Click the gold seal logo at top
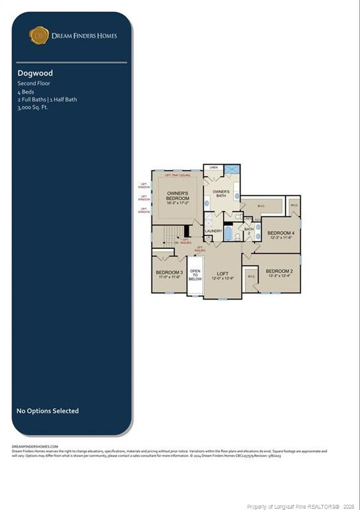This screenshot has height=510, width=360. coord(39,35)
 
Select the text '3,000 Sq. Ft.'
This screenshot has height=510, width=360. coord(33,107)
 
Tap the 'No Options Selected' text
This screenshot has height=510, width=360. coord(47,411)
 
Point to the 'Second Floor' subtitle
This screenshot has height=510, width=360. coord(34,84)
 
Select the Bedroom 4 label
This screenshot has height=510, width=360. coord(280,234)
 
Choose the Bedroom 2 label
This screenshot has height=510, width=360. coord(279,272)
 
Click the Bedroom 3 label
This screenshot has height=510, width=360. coord(169,274)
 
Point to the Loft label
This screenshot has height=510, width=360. coord(222,274)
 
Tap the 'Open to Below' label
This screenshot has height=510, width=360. coord(195,275)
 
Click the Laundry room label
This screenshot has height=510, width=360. coord(213,230)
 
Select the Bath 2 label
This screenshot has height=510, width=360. coord(248,232)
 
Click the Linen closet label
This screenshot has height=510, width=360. coord(213,168)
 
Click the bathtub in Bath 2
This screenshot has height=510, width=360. coord(228,233)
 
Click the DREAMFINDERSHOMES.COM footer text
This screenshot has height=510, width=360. coord(35,447)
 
